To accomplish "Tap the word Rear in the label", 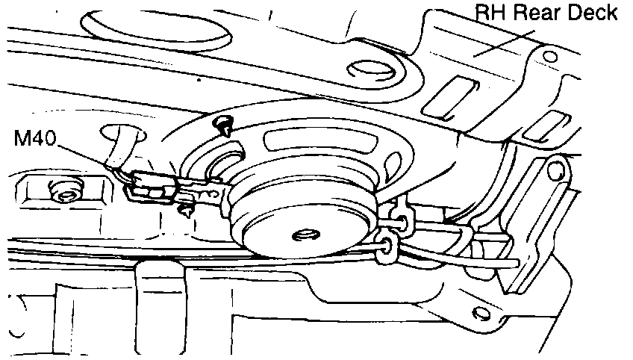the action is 534,13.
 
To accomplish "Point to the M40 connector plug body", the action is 149,185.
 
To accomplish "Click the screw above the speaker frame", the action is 222,124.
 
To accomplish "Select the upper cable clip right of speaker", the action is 400,217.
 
